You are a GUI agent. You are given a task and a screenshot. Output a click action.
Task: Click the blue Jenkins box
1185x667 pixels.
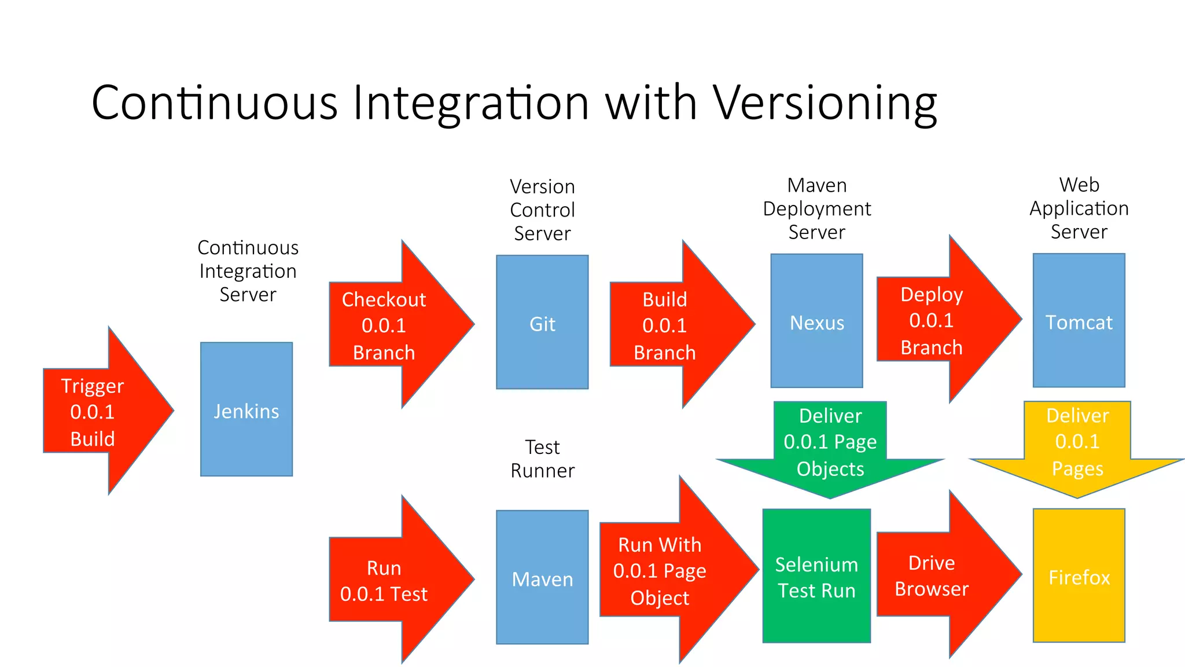246,409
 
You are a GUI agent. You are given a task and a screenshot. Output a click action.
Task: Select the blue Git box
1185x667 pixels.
542,322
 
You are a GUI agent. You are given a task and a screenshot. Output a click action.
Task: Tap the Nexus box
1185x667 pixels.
816,321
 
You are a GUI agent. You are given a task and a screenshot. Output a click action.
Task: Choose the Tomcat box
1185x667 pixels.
1079,321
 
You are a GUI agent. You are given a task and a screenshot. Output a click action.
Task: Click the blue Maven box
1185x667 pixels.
542,577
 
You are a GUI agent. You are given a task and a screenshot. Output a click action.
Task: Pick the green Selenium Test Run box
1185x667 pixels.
816,576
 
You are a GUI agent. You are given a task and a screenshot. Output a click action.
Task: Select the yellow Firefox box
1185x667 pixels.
1079,576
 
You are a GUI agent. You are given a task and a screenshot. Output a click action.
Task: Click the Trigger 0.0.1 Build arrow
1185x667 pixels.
98,411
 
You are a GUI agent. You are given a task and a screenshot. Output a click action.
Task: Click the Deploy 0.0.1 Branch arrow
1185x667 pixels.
937,320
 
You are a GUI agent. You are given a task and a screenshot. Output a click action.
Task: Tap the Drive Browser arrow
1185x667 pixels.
937,575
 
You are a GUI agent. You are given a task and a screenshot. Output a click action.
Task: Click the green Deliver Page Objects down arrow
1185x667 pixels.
830,444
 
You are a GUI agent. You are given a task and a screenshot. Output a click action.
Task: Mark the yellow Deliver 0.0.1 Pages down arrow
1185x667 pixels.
1077,444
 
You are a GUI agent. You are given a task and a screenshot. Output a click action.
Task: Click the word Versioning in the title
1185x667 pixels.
825,103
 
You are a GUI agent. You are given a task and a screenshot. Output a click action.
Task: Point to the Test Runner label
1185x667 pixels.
542,459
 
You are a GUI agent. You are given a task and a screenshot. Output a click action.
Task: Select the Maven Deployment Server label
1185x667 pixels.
816,208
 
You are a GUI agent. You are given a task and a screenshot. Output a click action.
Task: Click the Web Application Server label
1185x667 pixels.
1079,208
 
